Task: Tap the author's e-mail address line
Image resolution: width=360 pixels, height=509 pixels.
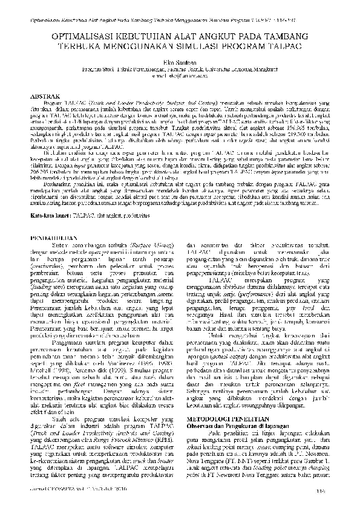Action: [180, 77]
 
